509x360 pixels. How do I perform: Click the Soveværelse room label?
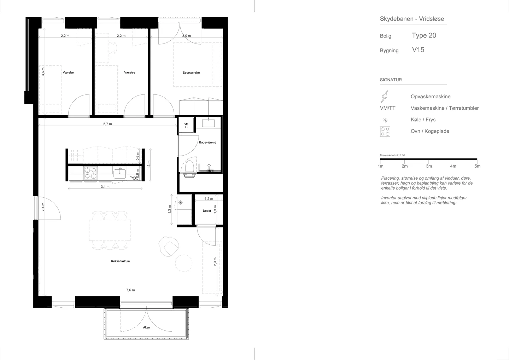click(x=191, y=73)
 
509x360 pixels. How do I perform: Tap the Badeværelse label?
click(x=208, y=143)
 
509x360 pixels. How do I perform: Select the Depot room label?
click(x=207, y=211)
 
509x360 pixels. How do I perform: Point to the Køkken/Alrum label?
click(x=121, y=261)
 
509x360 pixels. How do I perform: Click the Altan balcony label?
click(x=147, y=327)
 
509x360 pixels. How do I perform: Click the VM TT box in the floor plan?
click(x=186, y=125)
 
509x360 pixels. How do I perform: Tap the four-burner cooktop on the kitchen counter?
click(x=90, y=173)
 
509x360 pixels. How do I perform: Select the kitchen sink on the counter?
click(x=120, y=173)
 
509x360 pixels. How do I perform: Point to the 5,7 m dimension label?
click(x=108, y=124)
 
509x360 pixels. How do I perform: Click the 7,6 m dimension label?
click(x=130, y=290)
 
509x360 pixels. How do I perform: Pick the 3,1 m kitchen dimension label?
click(x=105, y=187)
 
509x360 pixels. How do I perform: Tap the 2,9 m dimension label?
click(x=215, y=262)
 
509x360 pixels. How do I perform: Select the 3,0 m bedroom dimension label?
click(x=187, y=36)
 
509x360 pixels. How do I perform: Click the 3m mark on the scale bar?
click(x=429, y=166)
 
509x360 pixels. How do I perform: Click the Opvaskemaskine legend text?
click(x=431, y=97)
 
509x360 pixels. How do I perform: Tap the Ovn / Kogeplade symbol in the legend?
click(x=385, y=131)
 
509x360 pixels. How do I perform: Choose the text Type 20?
click(x=424, y=35)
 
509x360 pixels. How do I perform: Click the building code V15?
click(x=418, y=50)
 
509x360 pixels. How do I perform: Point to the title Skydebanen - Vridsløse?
click(x=412, y=19)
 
